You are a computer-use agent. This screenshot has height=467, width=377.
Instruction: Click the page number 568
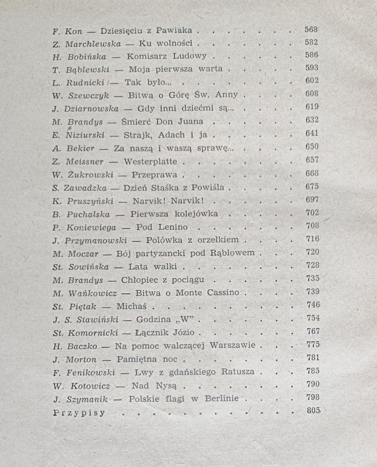click(311, 30)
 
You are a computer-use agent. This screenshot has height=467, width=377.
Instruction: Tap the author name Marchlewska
click(93, 44)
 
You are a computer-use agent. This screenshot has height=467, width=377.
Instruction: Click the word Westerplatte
click(150, 161)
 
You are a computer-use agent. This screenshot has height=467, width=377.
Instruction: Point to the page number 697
click(312, 200)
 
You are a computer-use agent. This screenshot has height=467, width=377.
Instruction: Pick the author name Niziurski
click(85, 135)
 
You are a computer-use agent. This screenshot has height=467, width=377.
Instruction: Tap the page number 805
click(313, 411)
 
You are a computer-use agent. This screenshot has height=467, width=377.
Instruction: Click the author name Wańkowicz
click(92, 293)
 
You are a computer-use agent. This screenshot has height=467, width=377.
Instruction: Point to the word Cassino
click(223, 293)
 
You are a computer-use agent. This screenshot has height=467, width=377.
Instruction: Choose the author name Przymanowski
click(96, 241)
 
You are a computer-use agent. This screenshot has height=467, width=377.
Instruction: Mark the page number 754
click(313, 318)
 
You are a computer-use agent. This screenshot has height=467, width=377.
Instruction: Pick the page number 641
click(312, 133)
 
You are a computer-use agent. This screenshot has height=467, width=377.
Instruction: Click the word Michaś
click(131, 307)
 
